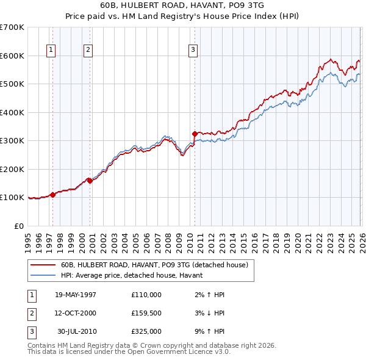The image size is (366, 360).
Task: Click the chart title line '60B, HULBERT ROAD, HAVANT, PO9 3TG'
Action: coord(183,5)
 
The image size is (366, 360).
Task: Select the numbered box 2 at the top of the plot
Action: coord(88,50)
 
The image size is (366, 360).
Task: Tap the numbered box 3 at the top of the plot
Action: coord(193,50)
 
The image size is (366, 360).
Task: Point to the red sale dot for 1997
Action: coord(53,195)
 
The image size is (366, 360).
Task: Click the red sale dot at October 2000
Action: coord(90,181)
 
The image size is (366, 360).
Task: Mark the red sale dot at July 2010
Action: coord(195,134)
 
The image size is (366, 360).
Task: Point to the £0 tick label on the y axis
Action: coord(19,226)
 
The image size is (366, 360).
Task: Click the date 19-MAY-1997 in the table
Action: coord(76,295)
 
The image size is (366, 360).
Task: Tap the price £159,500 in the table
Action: coord(146,313)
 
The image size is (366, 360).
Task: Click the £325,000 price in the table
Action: coord(146,331)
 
